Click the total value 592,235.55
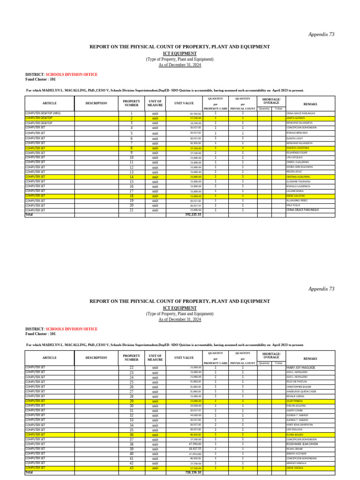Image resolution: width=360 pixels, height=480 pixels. [x=193, y=215]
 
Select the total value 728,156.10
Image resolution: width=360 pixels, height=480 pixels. [x=193, y=472]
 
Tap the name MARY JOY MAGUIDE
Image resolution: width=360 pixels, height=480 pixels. [x=300, y=367]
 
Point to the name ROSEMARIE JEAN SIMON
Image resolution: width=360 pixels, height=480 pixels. [x=302, y=444]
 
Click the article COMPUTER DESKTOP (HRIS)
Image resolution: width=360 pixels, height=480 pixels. [x=43, y=113]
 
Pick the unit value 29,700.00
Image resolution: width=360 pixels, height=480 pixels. [x=195, y=113]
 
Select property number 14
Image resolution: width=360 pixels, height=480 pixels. [x=131, y=177]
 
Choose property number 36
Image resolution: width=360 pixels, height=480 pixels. [x=131, y=435]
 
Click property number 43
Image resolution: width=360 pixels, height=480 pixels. [x=131, y=468]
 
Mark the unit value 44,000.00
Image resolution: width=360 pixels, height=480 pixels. [x=195, y=415]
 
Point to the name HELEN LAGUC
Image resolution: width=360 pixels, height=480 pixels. [x=294, y=172]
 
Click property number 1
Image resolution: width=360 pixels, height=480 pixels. [x=131, y=113]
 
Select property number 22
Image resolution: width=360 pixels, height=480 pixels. [x=131, y=367]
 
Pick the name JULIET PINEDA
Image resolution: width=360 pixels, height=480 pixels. [x=294, y=401]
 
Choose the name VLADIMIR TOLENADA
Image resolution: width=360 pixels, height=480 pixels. [x=298, y=181]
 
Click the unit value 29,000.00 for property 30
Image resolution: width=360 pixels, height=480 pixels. [x=195, y=406]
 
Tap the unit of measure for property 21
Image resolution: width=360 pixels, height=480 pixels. [x=155, y=210]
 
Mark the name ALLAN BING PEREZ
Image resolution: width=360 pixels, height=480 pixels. [x=297, y=201]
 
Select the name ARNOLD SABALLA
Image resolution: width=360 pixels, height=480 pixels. [x=296, y=463]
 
